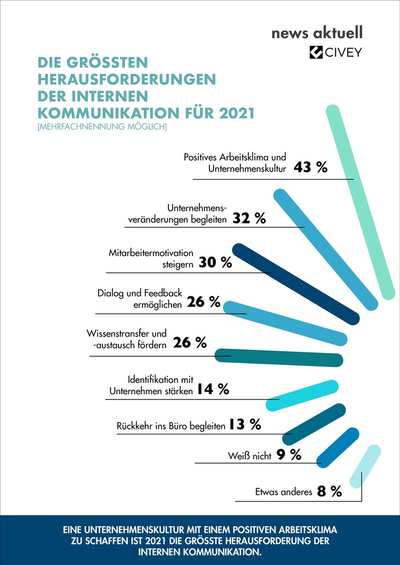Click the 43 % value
point(310,168)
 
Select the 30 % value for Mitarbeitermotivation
point(215,263)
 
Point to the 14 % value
point(213,389)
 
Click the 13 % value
point(245,425)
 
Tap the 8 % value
point(330,491)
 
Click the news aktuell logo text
point(325,33)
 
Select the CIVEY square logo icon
point(316,53)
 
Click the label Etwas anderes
point(284,492)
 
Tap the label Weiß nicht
point(250,455)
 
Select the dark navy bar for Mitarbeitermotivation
point(296,284)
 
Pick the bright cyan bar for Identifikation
point(302,395)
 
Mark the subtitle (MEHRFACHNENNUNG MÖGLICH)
point(102,127)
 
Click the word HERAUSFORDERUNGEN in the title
point(126,78)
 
